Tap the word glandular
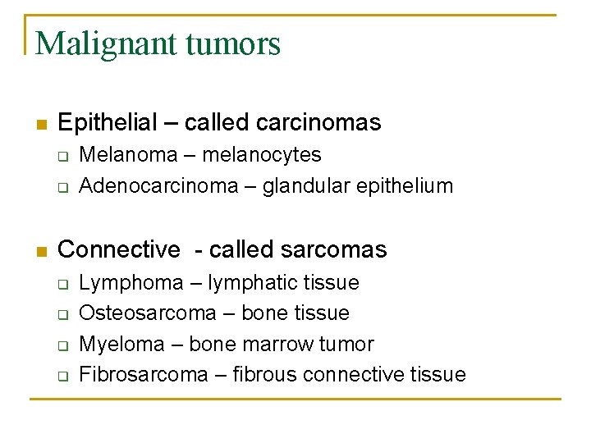point(315,186)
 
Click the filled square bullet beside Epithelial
point(40,125)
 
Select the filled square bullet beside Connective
point(40,251)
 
